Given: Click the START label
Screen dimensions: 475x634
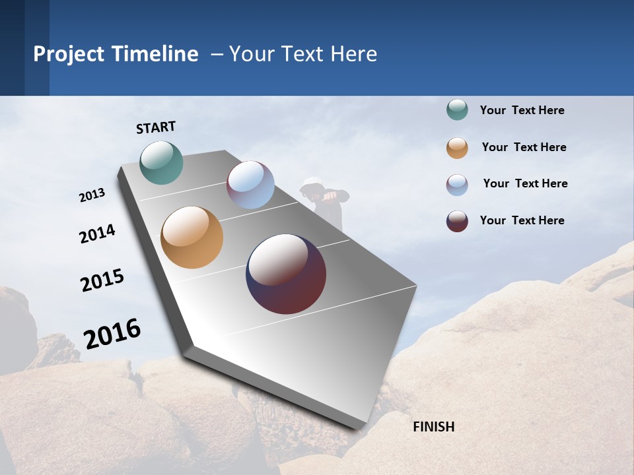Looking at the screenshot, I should tap(156, 127).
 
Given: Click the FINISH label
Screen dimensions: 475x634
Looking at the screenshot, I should tap(433, 427).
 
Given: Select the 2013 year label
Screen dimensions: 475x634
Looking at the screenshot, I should tap(92, 195).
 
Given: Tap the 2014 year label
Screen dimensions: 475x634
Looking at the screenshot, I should tap(97, 234).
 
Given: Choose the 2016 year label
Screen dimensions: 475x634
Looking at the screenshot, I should tap(112, 333).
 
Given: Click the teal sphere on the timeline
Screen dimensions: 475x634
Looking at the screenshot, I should tap(161, 162).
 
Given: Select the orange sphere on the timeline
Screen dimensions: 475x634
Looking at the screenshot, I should tap(192, 237).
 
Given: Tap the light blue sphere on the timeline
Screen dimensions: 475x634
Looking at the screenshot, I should tap(250, 185).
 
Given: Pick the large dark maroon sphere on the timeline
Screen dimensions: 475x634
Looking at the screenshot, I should tap(286, 274).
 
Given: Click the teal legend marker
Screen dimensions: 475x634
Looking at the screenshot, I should tap(457, 110).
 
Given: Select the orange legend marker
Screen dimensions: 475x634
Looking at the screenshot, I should tap(457, 148).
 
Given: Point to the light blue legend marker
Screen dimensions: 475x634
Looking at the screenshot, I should tap(457, 185).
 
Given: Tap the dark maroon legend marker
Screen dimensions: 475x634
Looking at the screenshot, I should tap(457, 221).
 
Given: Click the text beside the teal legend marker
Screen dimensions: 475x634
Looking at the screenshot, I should tap(522, 110).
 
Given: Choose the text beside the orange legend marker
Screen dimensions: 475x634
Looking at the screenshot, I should tap(524, 147).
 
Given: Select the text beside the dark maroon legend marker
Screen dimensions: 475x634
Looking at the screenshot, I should tap(522, 220).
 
